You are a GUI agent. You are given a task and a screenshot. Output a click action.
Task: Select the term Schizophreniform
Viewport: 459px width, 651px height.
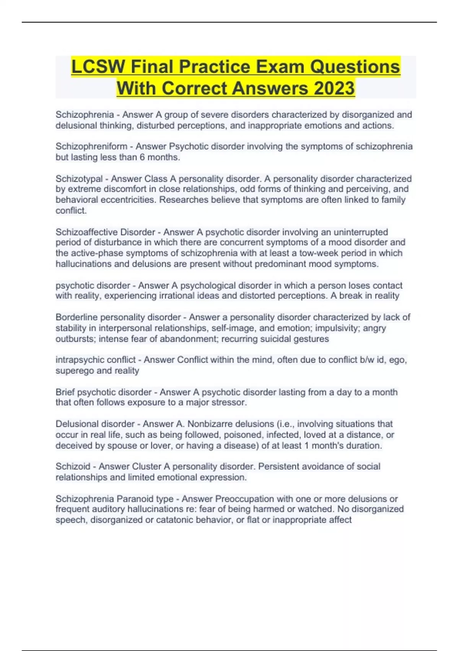(x=91, y=147)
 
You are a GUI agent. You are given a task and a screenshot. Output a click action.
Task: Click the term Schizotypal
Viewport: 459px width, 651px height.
(x=79, y=179)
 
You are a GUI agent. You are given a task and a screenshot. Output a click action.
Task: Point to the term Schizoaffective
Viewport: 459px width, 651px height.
(x=86, y=232)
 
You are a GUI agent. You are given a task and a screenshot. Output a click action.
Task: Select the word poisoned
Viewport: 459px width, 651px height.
(x=243, y=435)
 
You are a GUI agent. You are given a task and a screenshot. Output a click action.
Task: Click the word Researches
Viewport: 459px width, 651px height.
(x=182, y=200)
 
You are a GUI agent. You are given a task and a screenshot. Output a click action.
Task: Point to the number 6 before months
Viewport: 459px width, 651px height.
(x=142, y=157)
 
